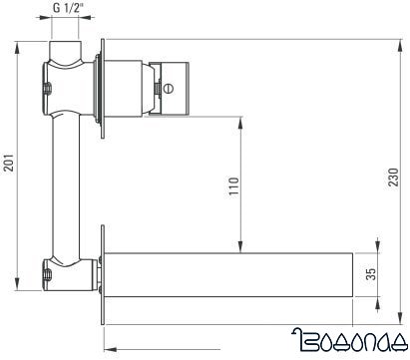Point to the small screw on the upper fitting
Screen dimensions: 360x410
click(46, 93)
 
